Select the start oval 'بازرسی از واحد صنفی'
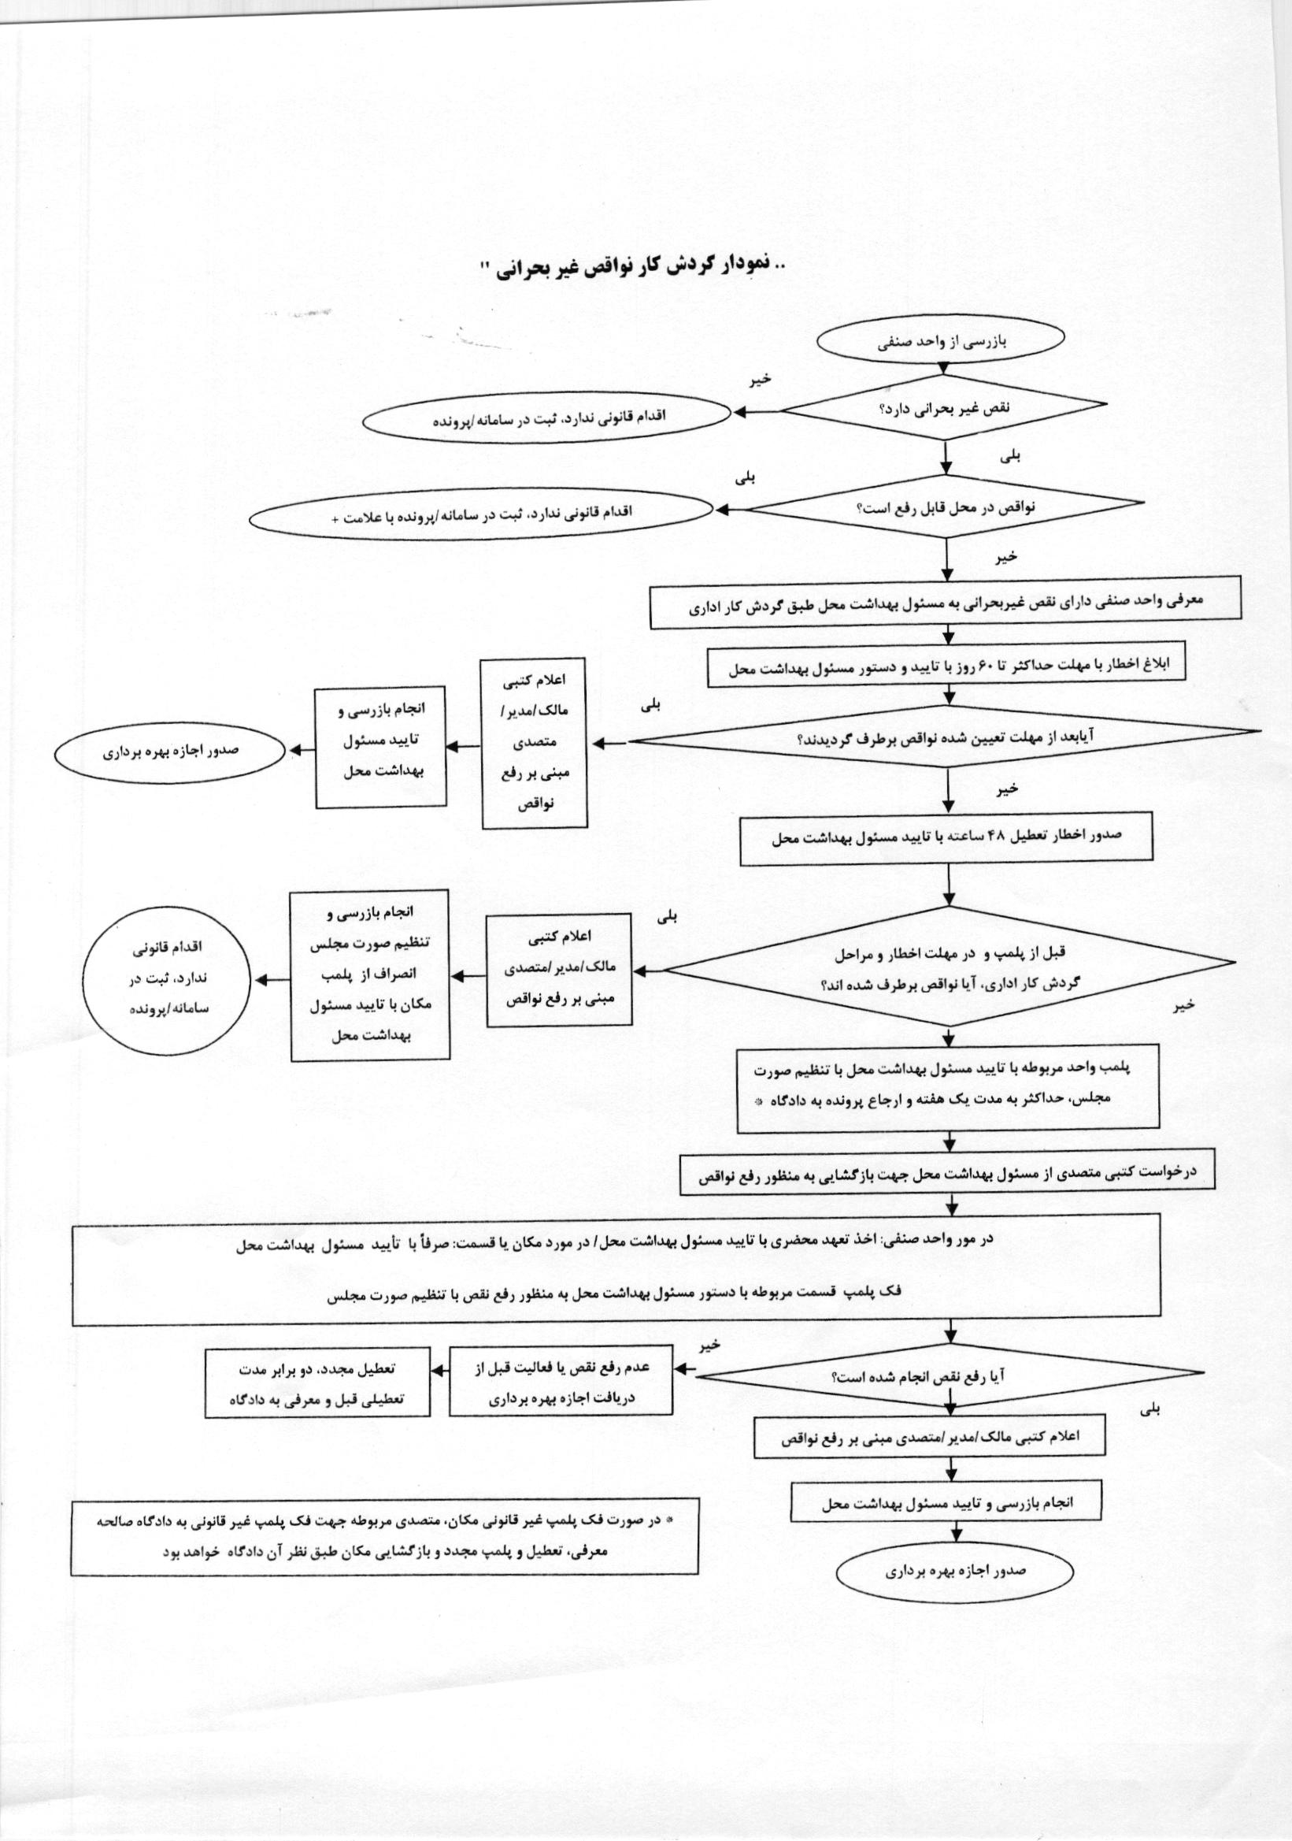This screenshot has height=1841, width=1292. [x=940, y=342]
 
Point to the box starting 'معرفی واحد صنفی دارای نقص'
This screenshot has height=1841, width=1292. [x=946, y=603]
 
